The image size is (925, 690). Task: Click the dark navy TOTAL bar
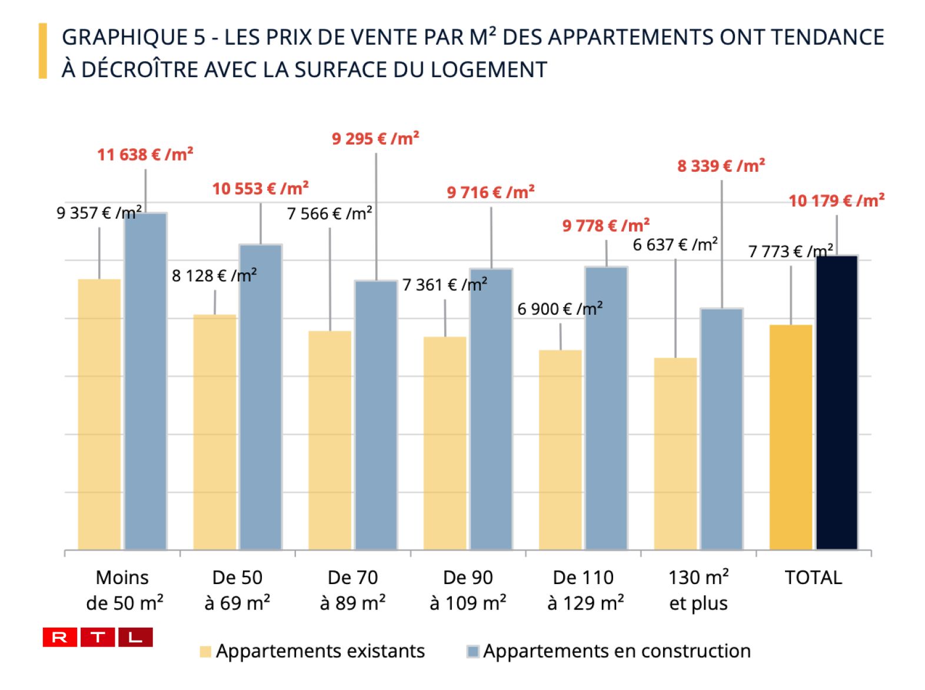837,402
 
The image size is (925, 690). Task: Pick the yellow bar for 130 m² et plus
676,454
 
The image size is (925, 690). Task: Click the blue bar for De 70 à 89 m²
376,415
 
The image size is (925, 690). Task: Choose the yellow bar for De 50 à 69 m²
215,432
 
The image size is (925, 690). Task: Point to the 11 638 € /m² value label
145,155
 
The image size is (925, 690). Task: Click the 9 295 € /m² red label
375,139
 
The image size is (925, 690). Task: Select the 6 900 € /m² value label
560,309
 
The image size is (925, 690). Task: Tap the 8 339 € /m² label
721,166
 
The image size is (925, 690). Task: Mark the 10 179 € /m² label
836,201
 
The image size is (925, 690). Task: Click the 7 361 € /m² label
444,285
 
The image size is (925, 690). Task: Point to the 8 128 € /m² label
214,275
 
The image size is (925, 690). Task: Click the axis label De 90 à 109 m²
468,590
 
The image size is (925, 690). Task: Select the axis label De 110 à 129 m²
583,590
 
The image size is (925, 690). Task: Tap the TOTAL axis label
813,578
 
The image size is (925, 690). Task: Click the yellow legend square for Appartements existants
205,652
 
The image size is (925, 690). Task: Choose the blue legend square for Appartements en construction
473,652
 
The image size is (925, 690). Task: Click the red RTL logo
98,637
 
